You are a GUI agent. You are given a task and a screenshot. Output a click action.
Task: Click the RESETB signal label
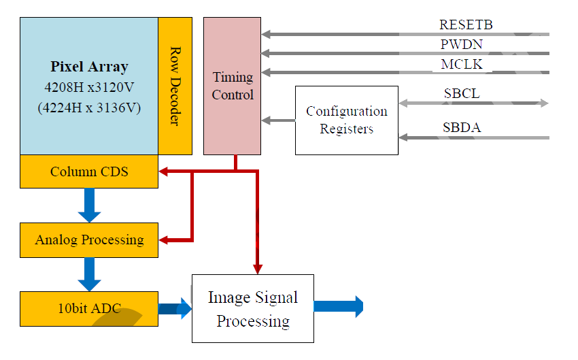tap(466, 25)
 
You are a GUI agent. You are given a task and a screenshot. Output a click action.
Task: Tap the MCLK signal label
tap(462, 65)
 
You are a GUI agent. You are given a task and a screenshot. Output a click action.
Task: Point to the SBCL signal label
tap(462, 94)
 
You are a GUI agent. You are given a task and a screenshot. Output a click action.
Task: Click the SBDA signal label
tap(462, 127)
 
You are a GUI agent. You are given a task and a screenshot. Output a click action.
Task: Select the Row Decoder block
tap(175, 86)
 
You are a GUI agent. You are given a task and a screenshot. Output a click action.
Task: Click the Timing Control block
tap(232, 86)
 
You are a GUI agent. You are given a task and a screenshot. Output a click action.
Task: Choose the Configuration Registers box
tap(346, 120)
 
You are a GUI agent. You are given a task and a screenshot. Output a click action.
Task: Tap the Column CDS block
tap(89, 171)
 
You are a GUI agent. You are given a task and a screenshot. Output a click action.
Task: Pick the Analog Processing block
tap(89, 240)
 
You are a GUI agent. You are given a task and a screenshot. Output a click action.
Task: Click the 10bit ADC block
tap(89, 308)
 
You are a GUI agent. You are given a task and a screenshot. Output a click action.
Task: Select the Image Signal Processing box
tap(252, 308)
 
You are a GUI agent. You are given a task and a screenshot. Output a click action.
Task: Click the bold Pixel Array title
tap(89, 67)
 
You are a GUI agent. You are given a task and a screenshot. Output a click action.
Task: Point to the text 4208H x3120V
tap(89, 87)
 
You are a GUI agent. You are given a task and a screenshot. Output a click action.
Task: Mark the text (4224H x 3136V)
tap(89, 107)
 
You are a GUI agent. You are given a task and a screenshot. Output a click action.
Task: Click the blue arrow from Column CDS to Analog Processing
tap(89, 205)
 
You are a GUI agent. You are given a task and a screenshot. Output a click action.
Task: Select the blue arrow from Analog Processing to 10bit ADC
tap(89, 274)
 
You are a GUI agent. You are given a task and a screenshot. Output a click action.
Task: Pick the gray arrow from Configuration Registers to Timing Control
tap(278, 120)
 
